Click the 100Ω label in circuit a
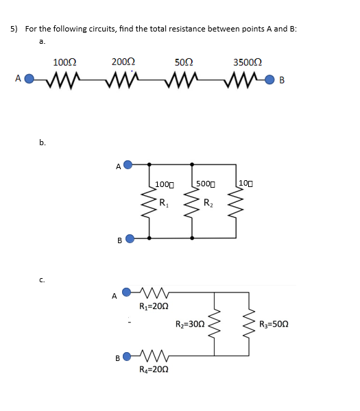click(64, 63)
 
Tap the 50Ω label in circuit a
click(183, 63)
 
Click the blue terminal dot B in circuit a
click(270, 78)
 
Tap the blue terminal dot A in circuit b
click(128, 164)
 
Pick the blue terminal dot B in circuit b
click(128, 239)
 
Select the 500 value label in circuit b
click(205, 184)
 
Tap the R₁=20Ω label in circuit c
click(153, 306)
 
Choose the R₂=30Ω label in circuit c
click(190, 324)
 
